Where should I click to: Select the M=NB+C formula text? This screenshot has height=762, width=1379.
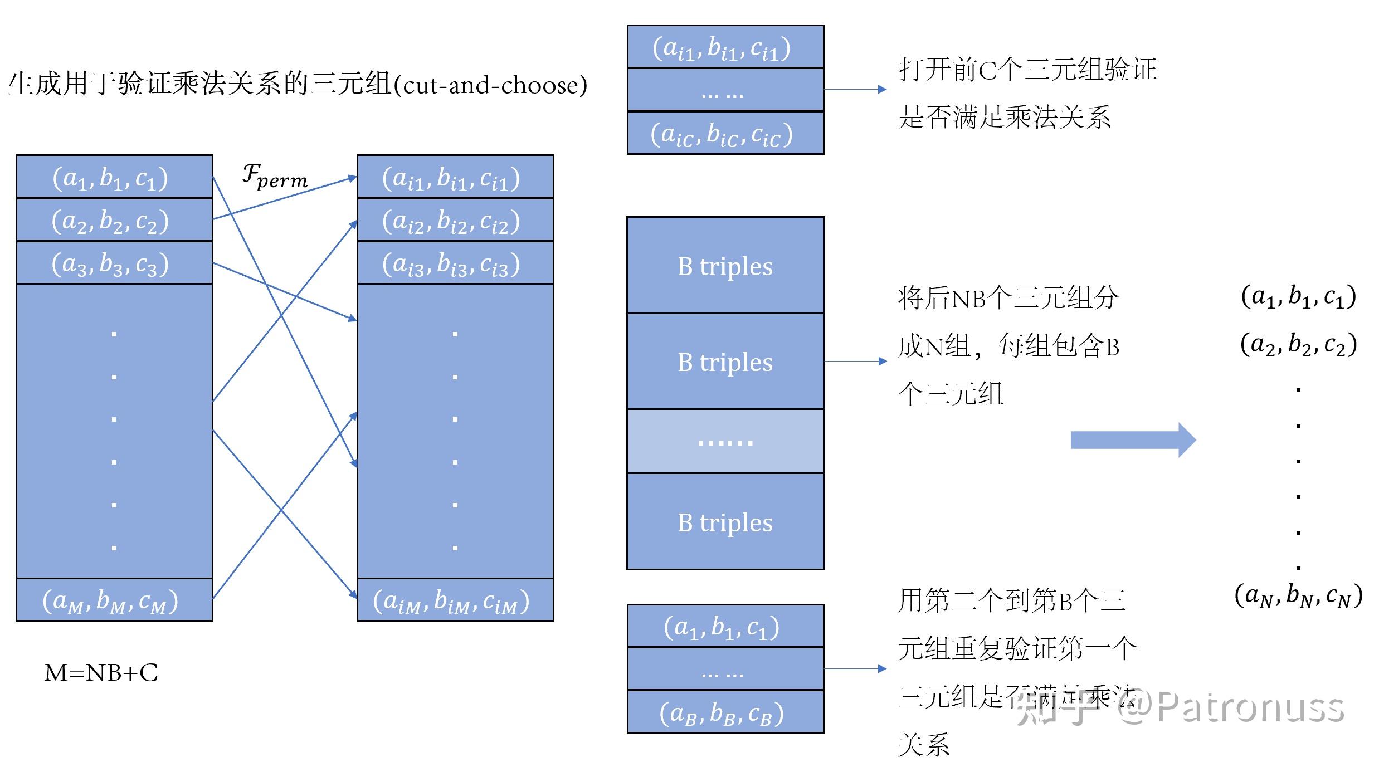[x=101, y=673]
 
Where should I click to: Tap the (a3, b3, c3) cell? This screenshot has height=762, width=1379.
[x=114, y=263]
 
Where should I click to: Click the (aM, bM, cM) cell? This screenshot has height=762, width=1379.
[x=114, y=600]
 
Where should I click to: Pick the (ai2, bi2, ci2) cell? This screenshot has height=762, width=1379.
[x=455, y=220]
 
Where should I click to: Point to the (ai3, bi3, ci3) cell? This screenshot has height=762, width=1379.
[x=455, y=263]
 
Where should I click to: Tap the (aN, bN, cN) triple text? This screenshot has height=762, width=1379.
[x=1298, y=595]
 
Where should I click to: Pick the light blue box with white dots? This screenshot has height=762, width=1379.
[x=725, y=441]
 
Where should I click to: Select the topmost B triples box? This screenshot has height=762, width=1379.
[x=725, y=266]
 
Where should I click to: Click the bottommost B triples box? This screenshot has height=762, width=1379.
[x=725, y=522]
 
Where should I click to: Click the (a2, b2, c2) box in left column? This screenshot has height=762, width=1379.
[x=114, y=220]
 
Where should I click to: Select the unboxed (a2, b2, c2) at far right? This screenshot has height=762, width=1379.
[x=1298, y=344]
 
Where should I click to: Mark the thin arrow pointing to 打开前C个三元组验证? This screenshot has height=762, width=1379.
[x=855, y=89]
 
